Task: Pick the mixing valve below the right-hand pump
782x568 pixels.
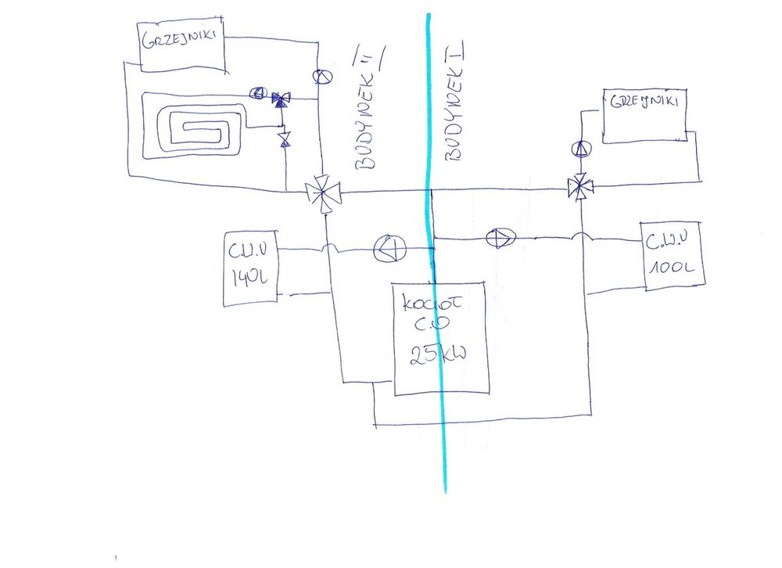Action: click(x=579, y=187)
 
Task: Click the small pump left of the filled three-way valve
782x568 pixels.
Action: click(x=256, y=93)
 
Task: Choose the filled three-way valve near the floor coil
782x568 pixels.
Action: click(x=280, y=99)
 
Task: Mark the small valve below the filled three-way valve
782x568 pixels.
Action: click(x=284, y=139)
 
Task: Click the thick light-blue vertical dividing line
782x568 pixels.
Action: click(x=439, y=438)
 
